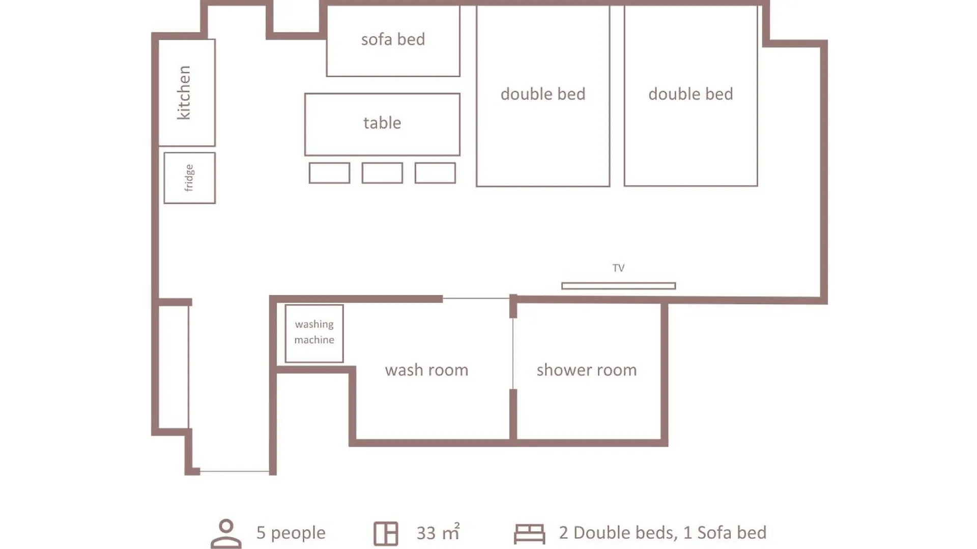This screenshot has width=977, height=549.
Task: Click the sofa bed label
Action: pyautogui.click(x=393, y=39)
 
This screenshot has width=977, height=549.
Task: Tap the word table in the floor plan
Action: pyautogui.click(x=382, y=123)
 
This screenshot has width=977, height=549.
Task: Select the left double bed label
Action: pyautogui.click(x=543, y=94)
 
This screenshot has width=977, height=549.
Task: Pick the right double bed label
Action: pyautogui.click(x=691, y=94)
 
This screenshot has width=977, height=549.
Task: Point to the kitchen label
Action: pyautogui.click(x=183, y=93)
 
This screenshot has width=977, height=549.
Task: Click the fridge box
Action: pyautogui.click(x=189, y=178)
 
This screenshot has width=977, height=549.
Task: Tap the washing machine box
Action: pyautogui.click(x=314, y=333)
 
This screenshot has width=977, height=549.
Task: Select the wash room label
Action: pyautogui.click(x=426, y=370)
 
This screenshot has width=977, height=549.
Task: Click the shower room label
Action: pyautogui.click(x=586, y=370)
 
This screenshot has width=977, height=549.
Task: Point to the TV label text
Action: pyautogui.click(x=618, y=268)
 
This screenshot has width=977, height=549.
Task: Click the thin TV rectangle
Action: pyautogui.click(x=618, y=286)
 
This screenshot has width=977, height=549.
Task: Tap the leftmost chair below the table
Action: pyautogui.click(x=329, y=173)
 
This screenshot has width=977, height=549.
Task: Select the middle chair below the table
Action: pyautogui.click(x=382, y=173)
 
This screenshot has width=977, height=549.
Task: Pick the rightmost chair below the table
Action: pyautogui.click(x=435, y=173)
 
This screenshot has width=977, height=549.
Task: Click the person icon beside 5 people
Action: pyautogui.click(x=226, y=533)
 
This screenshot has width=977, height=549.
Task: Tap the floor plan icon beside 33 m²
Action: pyautogui.click(x=386, y=534)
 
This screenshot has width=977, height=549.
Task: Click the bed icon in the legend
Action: pyautogui.click(x=529, y=534)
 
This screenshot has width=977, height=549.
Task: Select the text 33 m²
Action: pyautogui.click(x=438, y=532)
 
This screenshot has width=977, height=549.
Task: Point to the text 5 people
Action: pyautogui.click(x=291, y=533)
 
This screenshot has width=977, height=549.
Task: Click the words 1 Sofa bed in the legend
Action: pyautogui.click(x=725, y=533)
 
